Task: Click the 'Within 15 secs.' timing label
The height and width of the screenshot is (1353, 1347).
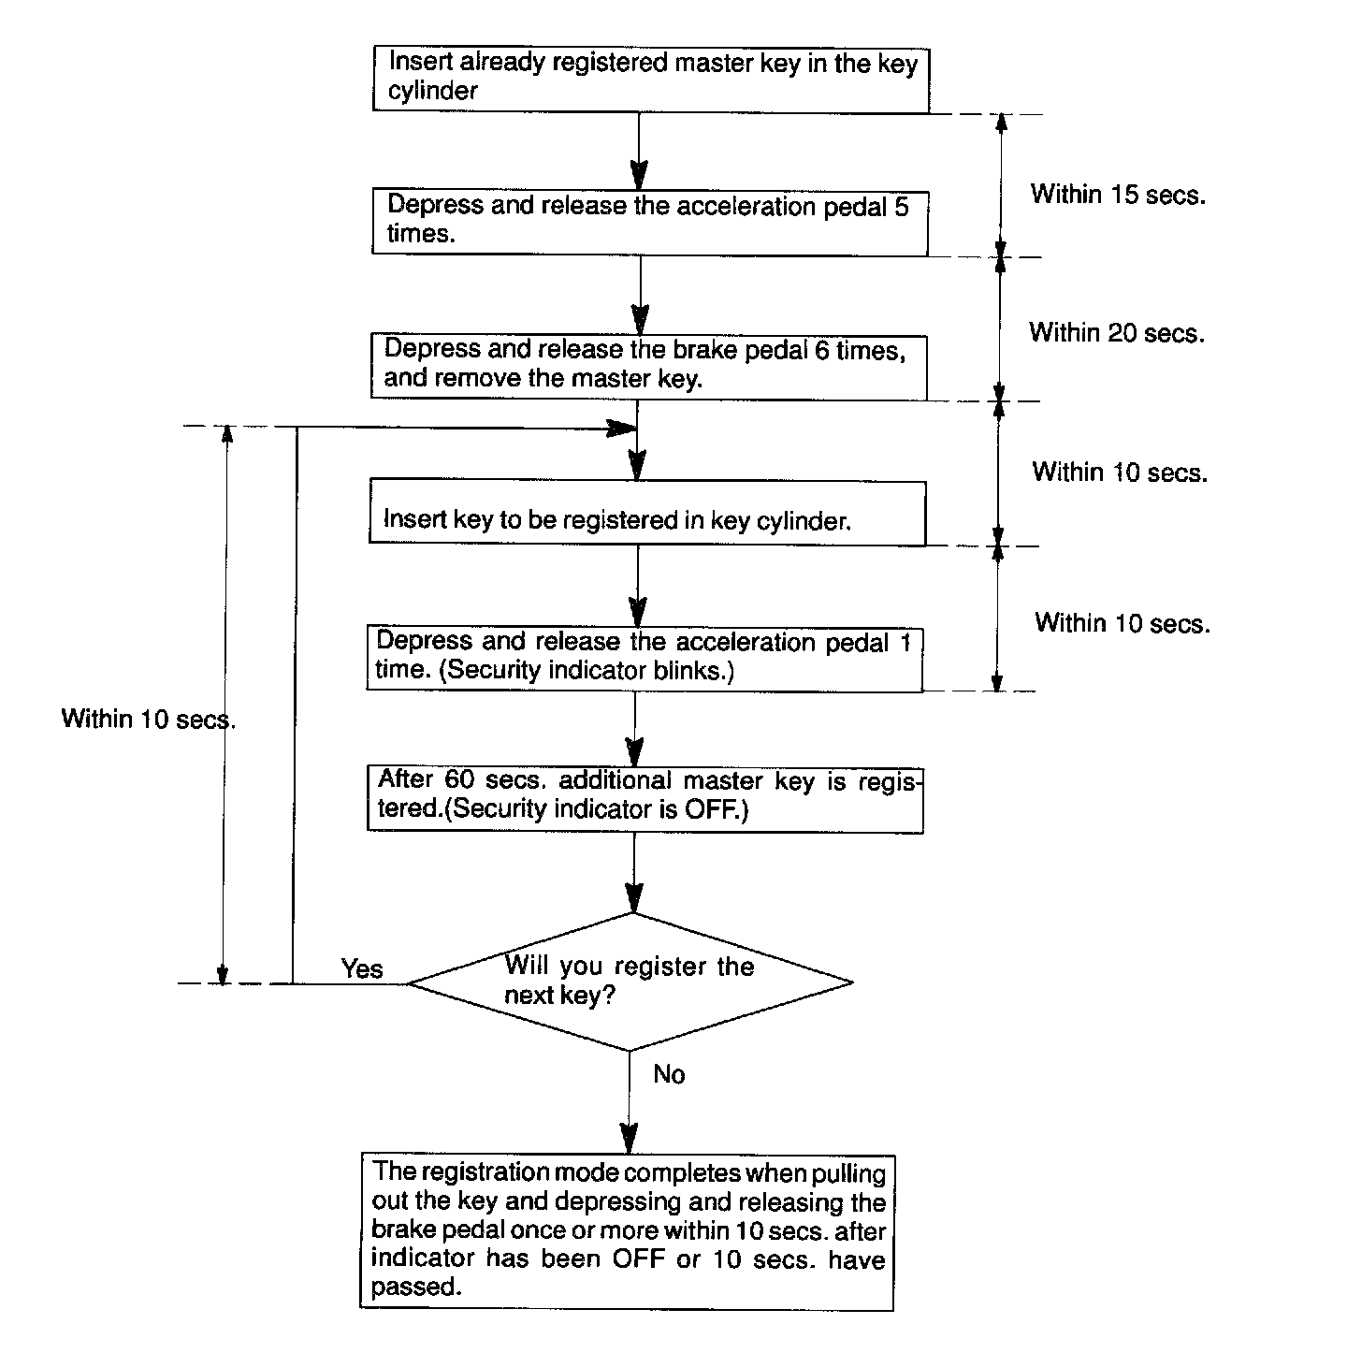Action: pyautogui.click(x=1118, y=195)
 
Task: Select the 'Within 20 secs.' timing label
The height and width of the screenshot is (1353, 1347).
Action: pyautogui.click(x=1117, y=333)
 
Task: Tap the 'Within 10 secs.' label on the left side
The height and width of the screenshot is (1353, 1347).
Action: pyautogui.click(x=148, y=719)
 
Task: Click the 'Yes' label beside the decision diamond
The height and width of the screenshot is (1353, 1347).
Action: pyautogui.click(x=362, y=968)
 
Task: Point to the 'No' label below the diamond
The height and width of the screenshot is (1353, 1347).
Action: pyautogui.click(x=669, y=1074)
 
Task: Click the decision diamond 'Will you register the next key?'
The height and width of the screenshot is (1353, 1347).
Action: pyautogui.click(x=630, y=982)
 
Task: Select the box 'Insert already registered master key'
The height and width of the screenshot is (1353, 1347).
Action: pyautogui.click(x=651, y=79)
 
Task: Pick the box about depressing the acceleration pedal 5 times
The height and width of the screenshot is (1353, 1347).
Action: pyautogui.click(x=650, y=221)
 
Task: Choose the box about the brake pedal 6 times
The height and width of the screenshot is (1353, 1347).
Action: pyautogui.click(x=648, y=365)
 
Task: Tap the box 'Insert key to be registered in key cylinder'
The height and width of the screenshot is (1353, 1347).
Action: pyautogui.click(x=647, y=513)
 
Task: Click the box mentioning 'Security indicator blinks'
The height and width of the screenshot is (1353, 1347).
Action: pyautogui.click(x=644, y=658)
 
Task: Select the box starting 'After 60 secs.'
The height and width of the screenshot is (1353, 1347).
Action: pyautogui.click(x=645, y=797)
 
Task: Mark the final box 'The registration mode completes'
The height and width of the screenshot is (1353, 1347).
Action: pyautogui.click(x=628, y=1230)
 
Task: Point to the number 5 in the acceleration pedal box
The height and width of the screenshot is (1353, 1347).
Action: pyautogui.click(x=901, y=206)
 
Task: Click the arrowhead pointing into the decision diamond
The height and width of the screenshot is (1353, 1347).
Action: pyautogui.click(x=634, y=900)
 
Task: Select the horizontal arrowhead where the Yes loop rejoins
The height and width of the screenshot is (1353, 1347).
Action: pyautogui.click(x=622, y=429)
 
